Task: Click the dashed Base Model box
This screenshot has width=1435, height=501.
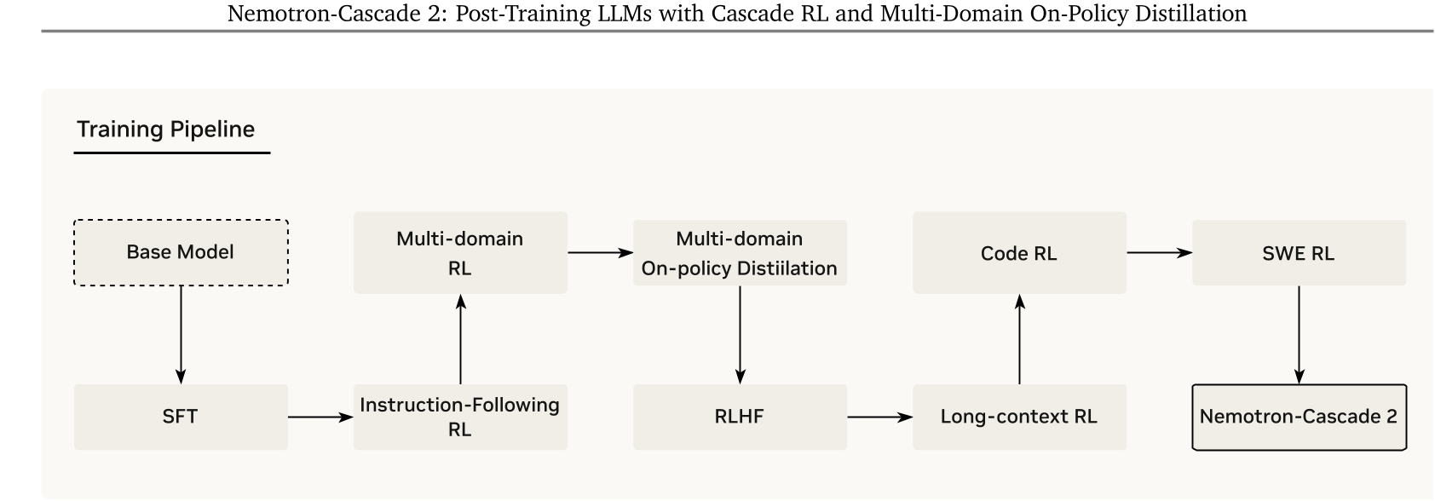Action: tap(181, 252)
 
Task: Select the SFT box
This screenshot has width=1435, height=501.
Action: tap(181, 417)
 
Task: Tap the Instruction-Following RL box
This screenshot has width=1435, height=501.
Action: tap(460, 417)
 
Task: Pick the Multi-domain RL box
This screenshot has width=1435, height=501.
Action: tap(460, 253)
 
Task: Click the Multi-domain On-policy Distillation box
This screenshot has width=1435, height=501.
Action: tap(740, 253)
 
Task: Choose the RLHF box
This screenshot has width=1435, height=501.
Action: tap(740, 417)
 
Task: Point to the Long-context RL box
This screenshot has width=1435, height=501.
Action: tap(1019, 417)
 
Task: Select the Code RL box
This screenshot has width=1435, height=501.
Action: tap(1019, 253)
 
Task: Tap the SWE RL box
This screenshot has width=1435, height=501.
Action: tap(1299, 253)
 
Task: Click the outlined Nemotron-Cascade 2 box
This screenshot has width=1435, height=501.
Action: tap(1299, 417)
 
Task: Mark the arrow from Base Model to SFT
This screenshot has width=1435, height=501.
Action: tap(181, 334)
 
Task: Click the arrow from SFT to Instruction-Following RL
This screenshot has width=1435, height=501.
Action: tap(320, 417)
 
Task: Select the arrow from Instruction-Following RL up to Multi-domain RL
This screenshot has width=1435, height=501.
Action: tap(460, 339)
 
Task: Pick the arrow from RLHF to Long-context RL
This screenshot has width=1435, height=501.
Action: tap(879, 417)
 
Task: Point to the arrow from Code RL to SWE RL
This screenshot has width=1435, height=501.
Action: tap(1159, 253)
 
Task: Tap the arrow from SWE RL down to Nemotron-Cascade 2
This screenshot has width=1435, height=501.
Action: tap(1299, 334)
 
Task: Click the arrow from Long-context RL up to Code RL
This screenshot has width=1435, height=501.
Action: tap(1019, 339)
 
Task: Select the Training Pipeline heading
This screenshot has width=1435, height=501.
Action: tap(166, 130)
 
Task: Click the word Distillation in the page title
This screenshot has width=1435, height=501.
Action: tap(1196, 14)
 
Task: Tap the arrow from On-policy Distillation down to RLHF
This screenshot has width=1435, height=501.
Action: tap(740, 334)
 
